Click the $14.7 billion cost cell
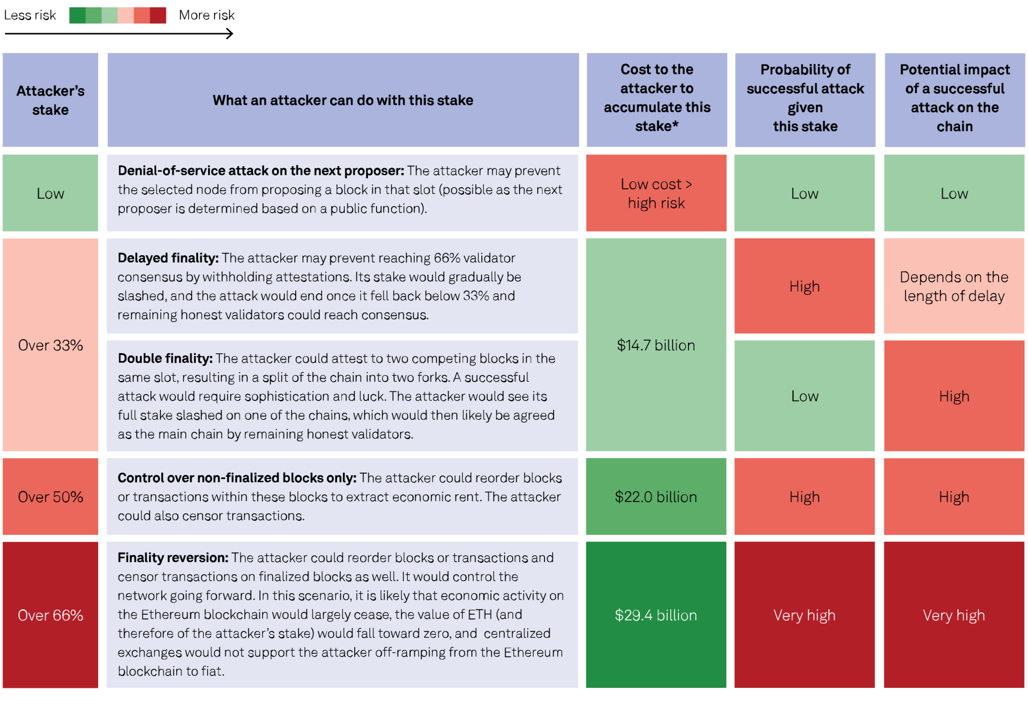(656, 345)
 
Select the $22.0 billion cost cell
(656, 497)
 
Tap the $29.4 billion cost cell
(656, 615)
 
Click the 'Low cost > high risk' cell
(656, 193)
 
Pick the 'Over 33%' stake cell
(50, 345)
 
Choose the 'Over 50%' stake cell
(50, 497)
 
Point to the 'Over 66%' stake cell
(50, 615)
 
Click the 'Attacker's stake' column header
(50, 100)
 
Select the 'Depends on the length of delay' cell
(954, 286)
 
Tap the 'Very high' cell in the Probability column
(804, 615)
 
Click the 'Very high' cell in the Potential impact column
(954, 615)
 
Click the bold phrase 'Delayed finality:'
(168, 258)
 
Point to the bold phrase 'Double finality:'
(165, 358)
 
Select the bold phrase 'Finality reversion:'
(173, 558)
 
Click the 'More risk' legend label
(207, 15)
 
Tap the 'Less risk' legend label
(30, 15)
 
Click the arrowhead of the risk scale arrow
(230, 34)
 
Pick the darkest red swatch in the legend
(158, 15)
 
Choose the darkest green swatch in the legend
(77, 15)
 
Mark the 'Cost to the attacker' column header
(657, 98)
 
